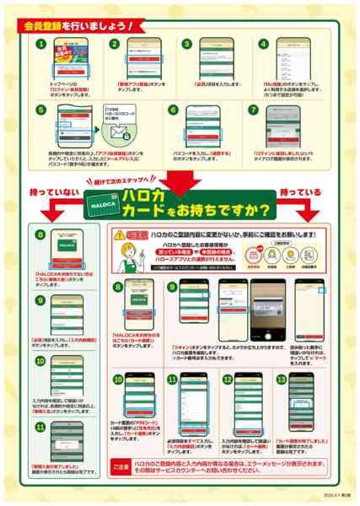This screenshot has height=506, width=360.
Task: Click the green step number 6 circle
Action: [x=172, y=110]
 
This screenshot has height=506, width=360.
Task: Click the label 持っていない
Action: [x=49, y=193]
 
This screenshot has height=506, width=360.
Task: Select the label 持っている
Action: [x=301, y=193]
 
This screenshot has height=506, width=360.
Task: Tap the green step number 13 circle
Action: [x=282, y=380]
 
